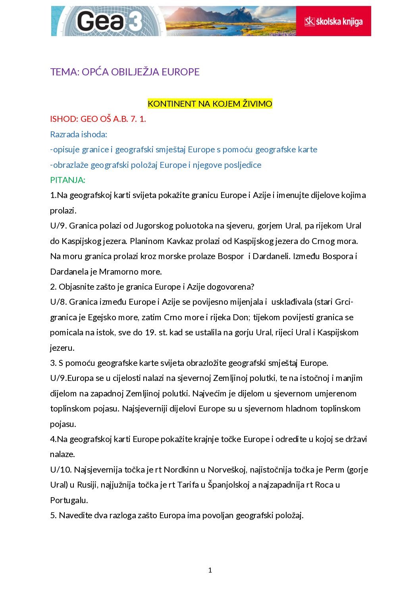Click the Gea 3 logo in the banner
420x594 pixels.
click(107, 21)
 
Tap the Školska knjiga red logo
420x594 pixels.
click(333, 21)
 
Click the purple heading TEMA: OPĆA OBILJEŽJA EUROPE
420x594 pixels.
click(125, 72)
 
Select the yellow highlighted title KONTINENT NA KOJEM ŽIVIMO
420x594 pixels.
click(210, 104)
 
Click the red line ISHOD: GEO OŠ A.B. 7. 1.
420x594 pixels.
click(98, 119)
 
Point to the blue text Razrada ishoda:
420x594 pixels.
click(79, 135)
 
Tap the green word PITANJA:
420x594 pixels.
click(67, 180)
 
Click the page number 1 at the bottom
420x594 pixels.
click(210, 570)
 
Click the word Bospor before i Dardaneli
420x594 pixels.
click(231, 256)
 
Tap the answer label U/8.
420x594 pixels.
click(58, 302)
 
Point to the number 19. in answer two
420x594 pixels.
click(150, 333)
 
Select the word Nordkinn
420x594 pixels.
click(181, 470)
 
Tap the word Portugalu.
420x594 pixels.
click(69, 500)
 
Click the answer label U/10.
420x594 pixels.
click(61, 470)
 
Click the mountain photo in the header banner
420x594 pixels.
click(230, 21)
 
